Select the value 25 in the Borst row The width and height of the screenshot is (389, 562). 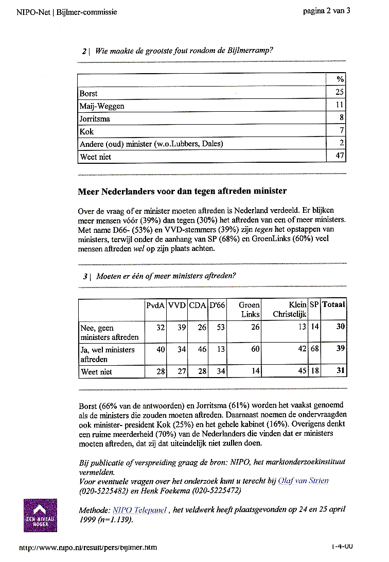340,93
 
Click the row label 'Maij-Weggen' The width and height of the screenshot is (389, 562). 102,106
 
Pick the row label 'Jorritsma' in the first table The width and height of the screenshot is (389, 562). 95,118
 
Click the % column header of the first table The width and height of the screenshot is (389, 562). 340,79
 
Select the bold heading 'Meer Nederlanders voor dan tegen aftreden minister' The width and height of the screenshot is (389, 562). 182,192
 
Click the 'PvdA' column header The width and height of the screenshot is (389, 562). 155,305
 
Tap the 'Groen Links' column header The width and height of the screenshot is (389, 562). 250,310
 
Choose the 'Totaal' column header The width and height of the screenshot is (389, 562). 333,305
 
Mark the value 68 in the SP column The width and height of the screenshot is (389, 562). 314,349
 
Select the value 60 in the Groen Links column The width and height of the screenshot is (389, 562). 255,349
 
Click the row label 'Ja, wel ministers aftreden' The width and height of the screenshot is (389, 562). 108,354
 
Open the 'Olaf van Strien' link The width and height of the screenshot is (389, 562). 303,481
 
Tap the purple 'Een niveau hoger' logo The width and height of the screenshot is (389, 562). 40,516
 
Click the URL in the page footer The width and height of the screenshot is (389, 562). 88,547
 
